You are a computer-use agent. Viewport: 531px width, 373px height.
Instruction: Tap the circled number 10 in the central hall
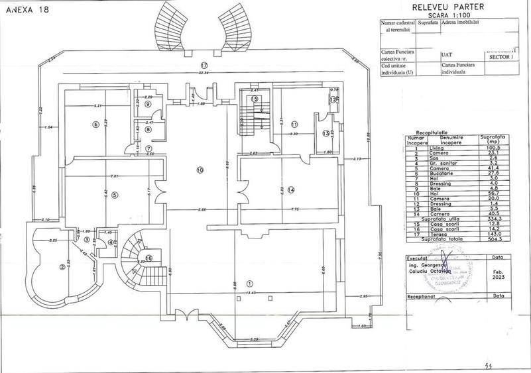click(x=199, y=170)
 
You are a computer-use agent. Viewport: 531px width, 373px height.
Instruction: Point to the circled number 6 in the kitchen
click(x=96, y=124)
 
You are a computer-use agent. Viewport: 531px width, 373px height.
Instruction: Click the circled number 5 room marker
click(x=114, y=195)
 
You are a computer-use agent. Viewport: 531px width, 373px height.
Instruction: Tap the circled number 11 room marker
click(x=295, y=123)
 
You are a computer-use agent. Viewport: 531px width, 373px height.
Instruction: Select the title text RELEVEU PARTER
click(x=448, y=6)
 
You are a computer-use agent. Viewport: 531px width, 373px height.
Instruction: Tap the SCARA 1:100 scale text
click(x=448, y=14)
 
